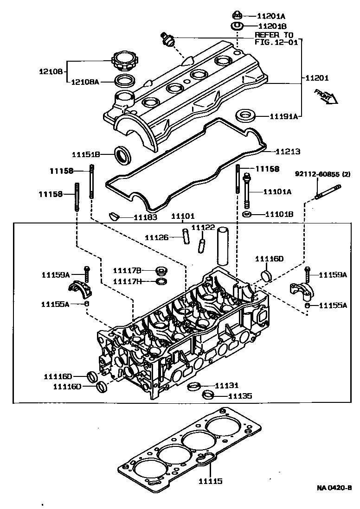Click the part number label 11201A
[272, 16]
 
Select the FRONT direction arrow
[325, 96]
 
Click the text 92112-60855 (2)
[323, 174]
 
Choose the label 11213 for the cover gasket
[288, 151]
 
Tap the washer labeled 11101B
[247, 214]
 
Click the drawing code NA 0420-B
[334, 487]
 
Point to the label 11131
[226, 385]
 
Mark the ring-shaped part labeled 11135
[209, 395]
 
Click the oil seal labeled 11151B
[123, 154]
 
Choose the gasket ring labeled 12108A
[123, 82]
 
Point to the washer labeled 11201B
[237, 25]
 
